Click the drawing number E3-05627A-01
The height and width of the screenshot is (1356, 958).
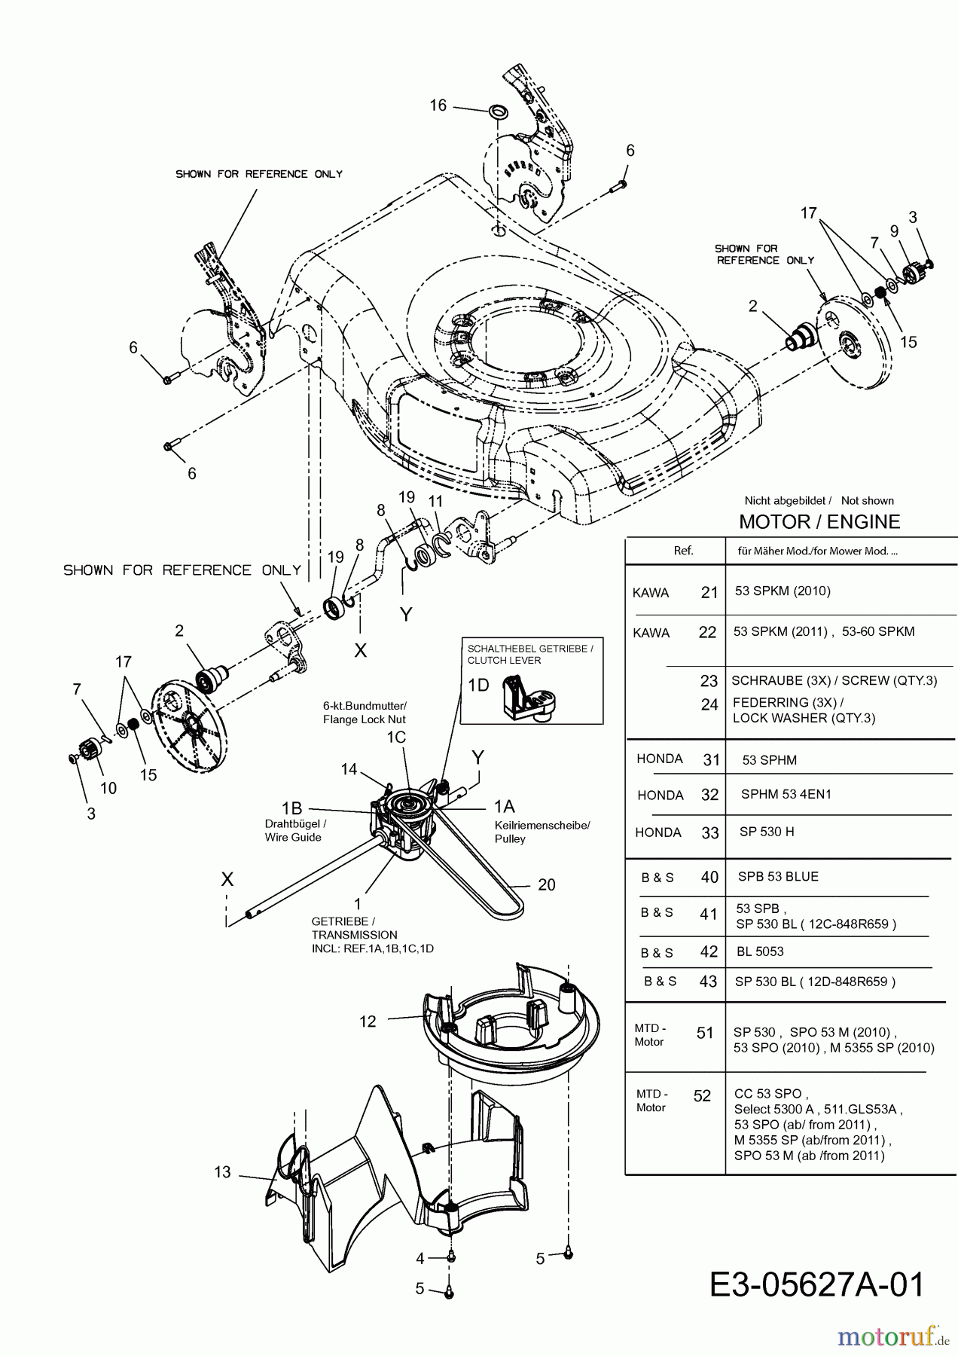[816, 1285]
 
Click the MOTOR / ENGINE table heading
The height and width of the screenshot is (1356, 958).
[819, 522]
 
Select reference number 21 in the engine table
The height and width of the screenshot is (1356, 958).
[709, 593]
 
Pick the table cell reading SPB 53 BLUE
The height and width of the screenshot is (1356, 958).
[778, 877]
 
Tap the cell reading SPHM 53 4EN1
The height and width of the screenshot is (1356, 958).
[786, 794]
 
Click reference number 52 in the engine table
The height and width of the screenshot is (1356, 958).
[702, 1096]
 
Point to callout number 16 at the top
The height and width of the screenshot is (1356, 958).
[438, 105]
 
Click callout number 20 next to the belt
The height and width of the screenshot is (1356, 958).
[547, 885]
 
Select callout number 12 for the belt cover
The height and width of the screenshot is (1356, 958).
[368, 1022]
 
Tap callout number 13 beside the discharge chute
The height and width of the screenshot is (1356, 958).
[222, 1172]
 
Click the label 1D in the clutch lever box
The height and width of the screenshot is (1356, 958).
[478, 685]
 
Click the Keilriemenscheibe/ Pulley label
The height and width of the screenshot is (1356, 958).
[542, 832]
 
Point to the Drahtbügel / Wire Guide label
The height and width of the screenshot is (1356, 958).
[295, 830]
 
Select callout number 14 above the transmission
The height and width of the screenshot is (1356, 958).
[349, 769]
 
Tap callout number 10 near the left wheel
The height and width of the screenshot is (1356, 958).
[108, 788]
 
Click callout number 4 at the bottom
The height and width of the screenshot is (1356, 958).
[420, 1258]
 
